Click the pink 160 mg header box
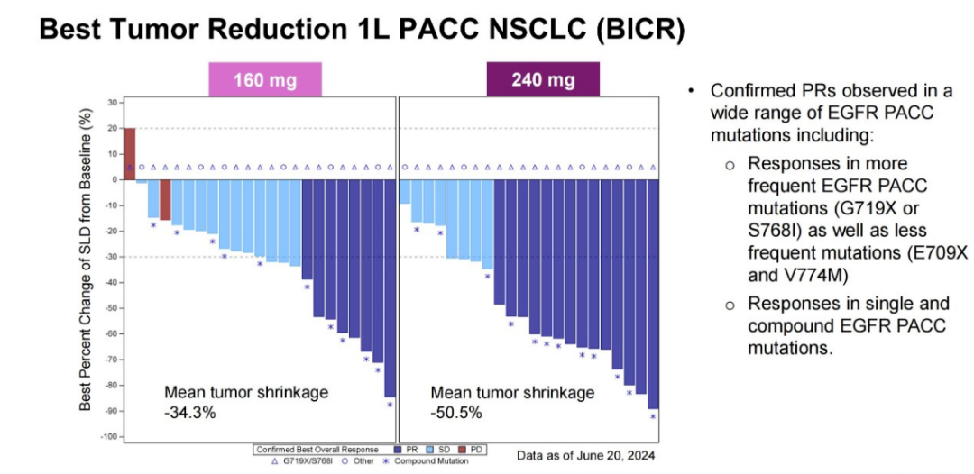(x=265, y=79)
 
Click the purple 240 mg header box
(x=543, y=79)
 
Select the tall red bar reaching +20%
(x=129, y=153)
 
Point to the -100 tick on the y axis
(x=108, y=437)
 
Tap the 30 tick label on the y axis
(x=112, y=102)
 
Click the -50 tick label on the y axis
(x=110, y=308)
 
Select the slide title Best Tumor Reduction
(x=361, y=30)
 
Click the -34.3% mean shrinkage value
(x=190, y=413)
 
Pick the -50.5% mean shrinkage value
(x=456, y=413)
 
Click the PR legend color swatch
(x=399, y=449)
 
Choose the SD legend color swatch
(x=432, y=449)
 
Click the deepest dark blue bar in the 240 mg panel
(x=653, y=294)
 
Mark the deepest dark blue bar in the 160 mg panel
(x=390, y=288)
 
